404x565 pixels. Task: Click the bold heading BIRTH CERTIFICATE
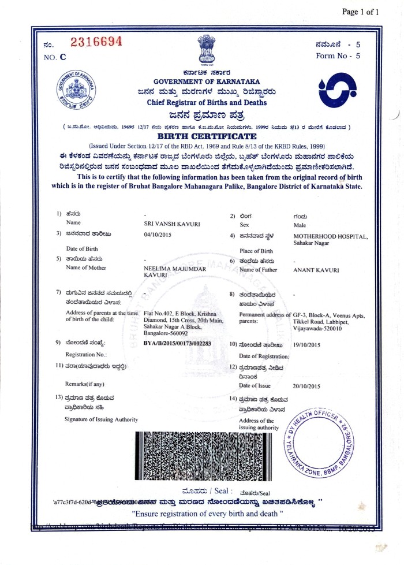[x=207, y=136]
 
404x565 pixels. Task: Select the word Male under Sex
[x=300, y=225]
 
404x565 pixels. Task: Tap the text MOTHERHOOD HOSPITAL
[x=330, y=236]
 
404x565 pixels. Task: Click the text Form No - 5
[x=338, y=56]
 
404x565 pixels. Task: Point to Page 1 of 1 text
[x=361, y=12]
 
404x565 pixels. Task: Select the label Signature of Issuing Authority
[x=101, y=419]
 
